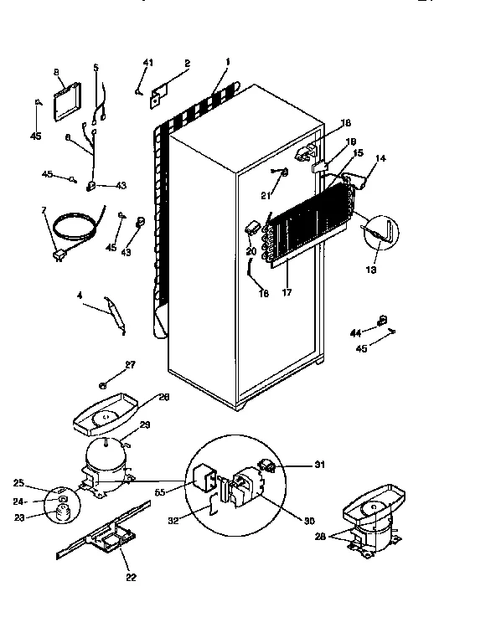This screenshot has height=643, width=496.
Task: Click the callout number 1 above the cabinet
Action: [x=226, y=62]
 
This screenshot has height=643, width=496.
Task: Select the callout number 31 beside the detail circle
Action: [x=296, y=465]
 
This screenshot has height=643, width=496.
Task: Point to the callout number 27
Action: [x=106, y=363]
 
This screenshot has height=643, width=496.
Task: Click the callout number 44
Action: [x=355, y=333]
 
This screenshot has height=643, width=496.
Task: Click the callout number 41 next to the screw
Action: [x=148, y=64]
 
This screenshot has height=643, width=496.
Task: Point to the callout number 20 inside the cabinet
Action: [x=251, y=250]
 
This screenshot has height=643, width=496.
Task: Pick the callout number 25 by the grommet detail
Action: [x=42, y=484]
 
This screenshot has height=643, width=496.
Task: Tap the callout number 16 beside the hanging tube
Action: [x=265, y=293]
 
